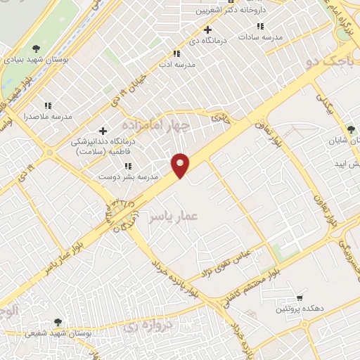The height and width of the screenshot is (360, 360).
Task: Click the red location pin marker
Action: (181, 165)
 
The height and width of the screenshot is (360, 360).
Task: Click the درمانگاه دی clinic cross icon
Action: (207, 30)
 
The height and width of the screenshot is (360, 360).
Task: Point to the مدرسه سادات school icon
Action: (260, 26)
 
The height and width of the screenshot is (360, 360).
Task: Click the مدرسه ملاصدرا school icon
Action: (48, 105)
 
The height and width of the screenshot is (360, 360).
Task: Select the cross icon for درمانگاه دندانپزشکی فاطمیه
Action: (103, 131)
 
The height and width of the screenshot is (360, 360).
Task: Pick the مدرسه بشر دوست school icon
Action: (127, 166)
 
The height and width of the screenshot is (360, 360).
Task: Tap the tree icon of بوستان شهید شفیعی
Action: (58, 322)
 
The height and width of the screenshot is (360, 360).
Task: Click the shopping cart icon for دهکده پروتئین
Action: (300, 298)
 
